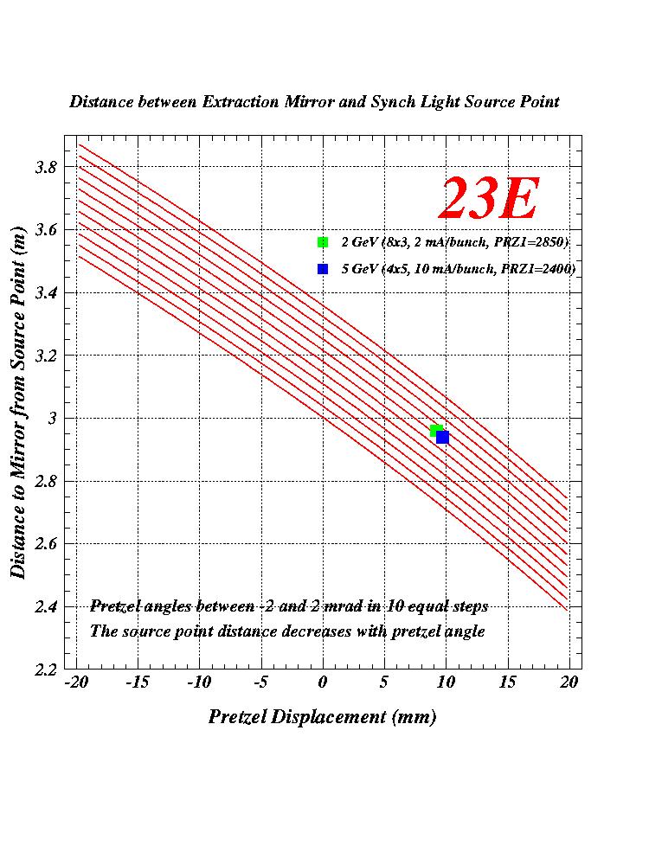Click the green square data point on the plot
pyautogui.click(x=435, y=431)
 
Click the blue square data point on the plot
pyautogui.click(x=442, y=438)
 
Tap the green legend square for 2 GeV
pyautogui.click(x=323, y=241)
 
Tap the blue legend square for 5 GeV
pyautogui.click(x=323, y=269)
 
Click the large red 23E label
pyautogui.click(x=490, y=200)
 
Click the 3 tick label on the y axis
pyautogui.click(x=49, y=418)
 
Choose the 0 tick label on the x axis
pyautogui.click(x=323, y=682)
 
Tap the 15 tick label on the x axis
pyautogui.click(x=507, y=682)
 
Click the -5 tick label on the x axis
pyautogui.click(x=260, y=682)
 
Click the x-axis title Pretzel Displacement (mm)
pyautogui.click(x=322, y=717)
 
